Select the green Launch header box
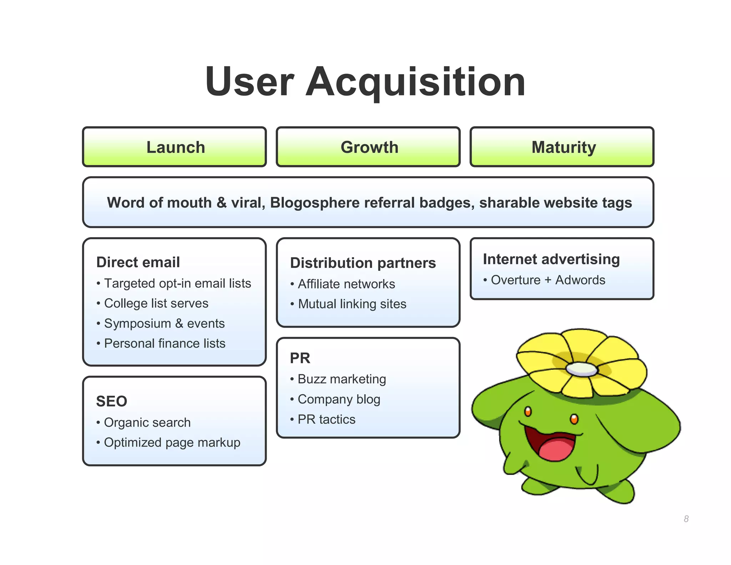click(x=175, y=147)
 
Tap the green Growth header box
click(x=368, y=147)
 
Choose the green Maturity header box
click(x=563, y=147)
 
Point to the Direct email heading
click(x=138, y=262)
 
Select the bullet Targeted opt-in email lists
click(x=177, y=283)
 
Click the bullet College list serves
click(x=156, y=303)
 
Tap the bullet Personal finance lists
click(x=165, y=343)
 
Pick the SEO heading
click(x=111, y=401)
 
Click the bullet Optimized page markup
click(x=172, y=442)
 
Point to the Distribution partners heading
click(x=363, y=263)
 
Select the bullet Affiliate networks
click(x=346, y=284)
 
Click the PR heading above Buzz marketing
click(x=300, y=358)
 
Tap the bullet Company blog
click(x=339, y=399)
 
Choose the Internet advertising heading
click(x=551, y=259)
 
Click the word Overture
click(x=515, y=280)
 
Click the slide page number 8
click(x=686, y=519)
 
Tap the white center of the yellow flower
click(x=581, y=369)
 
